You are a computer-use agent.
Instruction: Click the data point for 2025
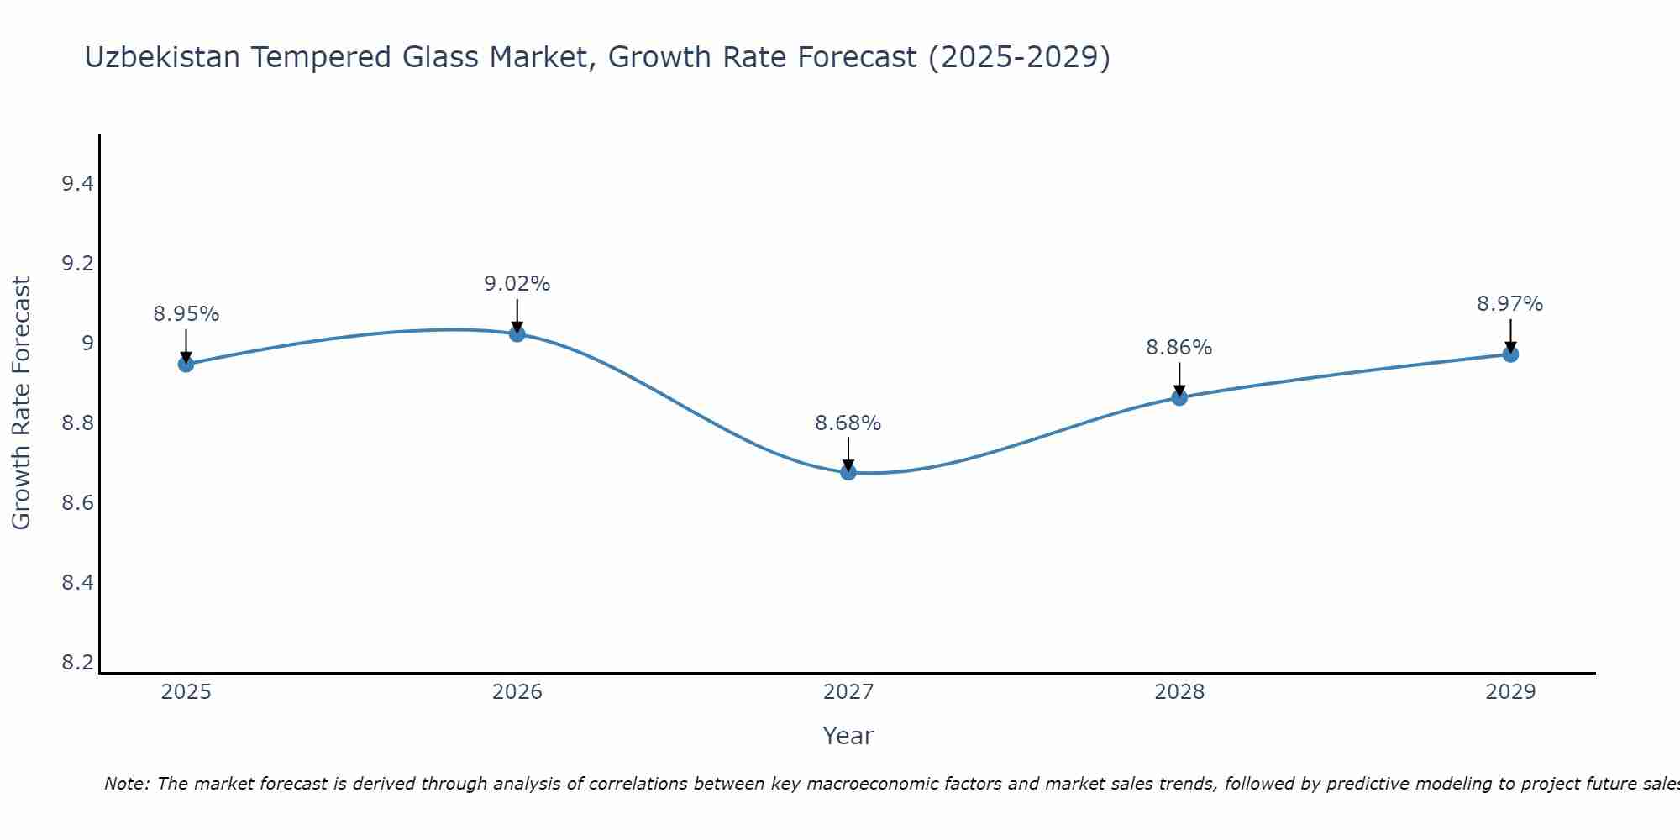pos(186,364)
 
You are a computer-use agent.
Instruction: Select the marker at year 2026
pos(517,333)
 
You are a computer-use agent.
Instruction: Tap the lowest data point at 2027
pos(848,472)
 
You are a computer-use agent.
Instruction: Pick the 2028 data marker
pos(1179,397)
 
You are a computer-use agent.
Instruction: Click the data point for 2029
pos(1509,354)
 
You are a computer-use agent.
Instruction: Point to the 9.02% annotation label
pos(517,284)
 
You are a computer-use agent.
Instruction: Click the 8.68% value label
pos(848,423)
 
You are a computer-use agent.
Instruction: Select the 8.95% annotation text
pos(186,314)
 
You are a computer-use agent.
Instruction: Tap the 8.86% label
pos(1179,348)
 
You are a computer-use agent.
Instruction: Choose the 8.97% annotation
pos(1509,304)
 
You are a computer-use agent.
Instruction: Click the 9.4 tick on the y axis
pos(77,184)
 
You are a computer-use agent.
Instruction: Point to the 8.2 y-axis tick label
pos(77,663)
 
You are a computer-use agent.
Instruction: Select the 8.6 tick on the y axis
pos(77,503)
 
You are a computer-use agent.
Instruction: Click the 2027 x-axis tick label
pos(848,692)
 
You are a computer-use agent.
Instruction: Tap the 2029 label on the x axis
pos(1509,692)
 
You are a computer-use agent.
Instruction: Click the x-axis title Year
pos(848,736)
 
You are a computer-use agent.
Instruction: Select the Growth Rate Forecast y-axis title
pos(21,403)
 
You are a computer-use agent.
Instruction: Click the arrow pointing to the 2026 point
pos(517,314)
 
